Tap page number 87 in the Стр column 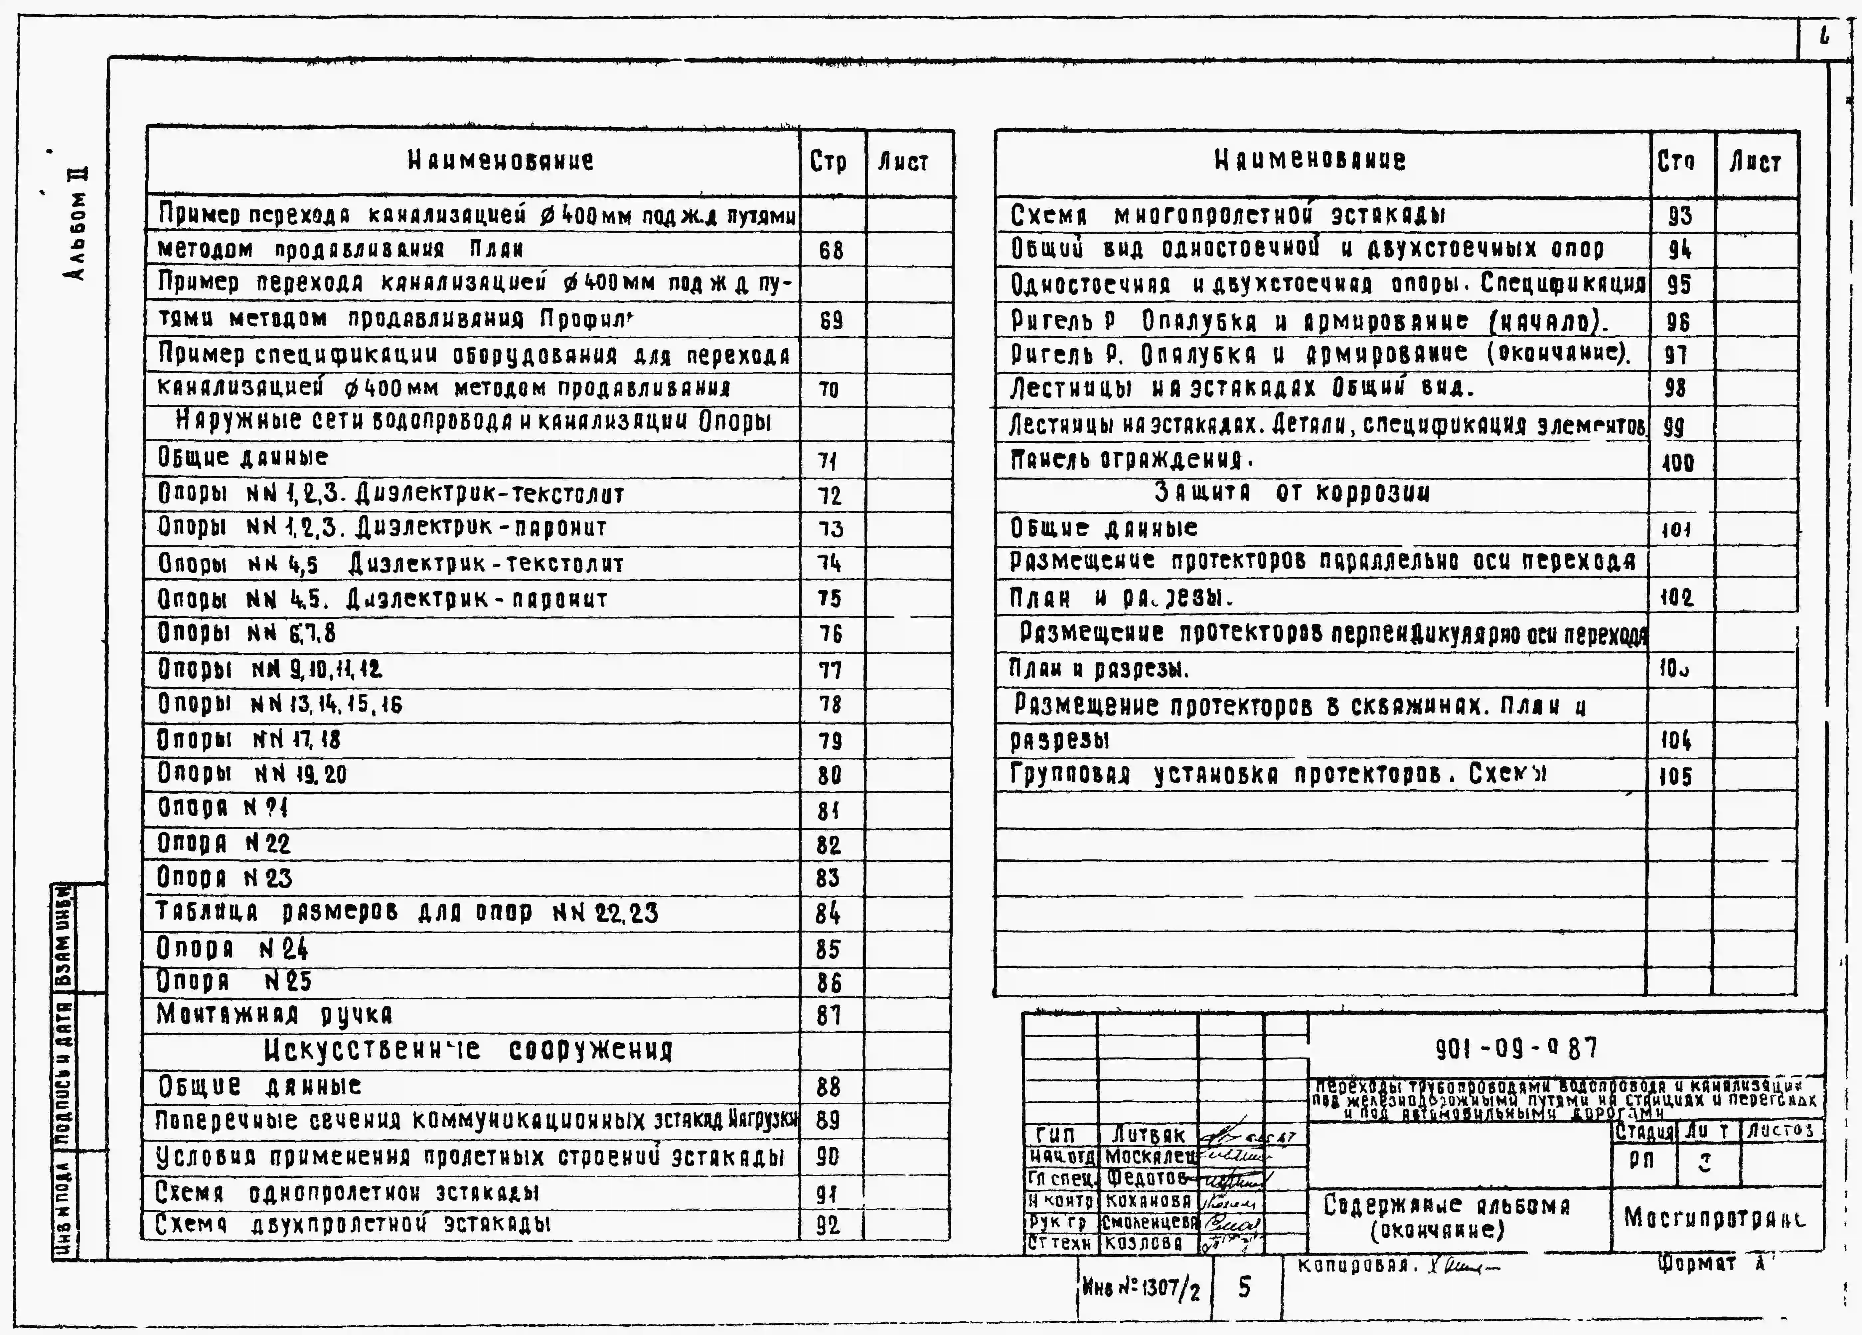829,1016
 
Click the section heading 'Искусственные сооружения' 468,1050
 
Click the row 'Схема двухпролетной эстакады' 353,1224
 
